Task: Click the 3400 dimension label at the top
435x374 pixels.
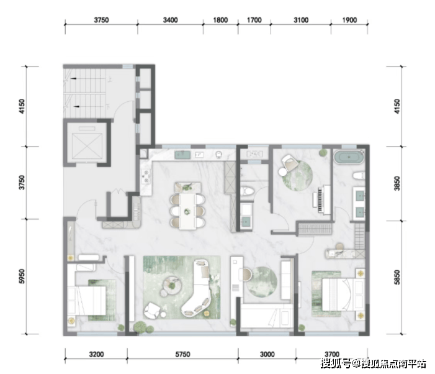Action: point(170,20)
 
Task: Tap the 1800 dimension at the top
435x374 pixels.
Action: point(220,20)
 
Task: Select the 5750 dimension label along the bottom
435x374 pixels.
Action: point(182,354)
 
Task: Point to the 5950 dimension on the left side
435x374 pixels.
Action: point(22,276)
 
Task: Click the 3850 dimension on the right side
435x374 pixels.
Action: point(397,183)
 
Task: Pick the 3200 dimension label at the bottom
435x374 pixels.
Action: point(96,354)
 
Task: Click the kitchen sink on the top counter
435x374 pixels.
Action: point(182,155)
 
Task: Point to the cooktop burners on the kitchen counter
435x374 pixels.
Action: point(146,177)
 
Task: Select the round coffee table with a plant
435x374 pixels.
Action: point(172,285)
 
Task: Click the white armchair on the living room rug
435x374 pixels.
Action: point(152,311)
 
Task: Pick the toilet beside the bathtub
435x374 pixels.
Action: point(359,176)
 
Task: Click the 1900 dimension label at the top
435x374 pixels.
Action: point(349,20)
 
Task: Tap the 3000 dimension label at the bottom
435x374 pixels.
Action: point(267,354)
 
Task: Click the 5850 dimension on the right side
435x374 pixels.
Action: point(397,277)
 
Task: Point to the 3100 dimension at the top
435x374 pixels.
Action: point(301,20)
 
